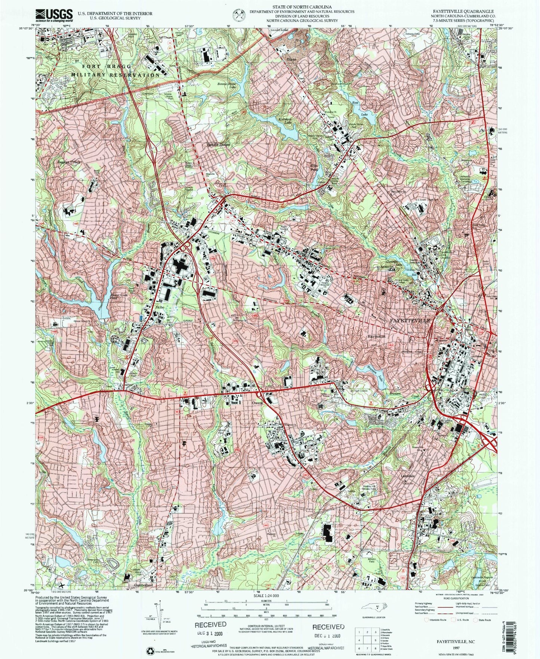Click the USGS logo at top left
coord(54,15)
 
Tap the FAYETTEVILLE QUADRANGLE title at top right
coord(463,12)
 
